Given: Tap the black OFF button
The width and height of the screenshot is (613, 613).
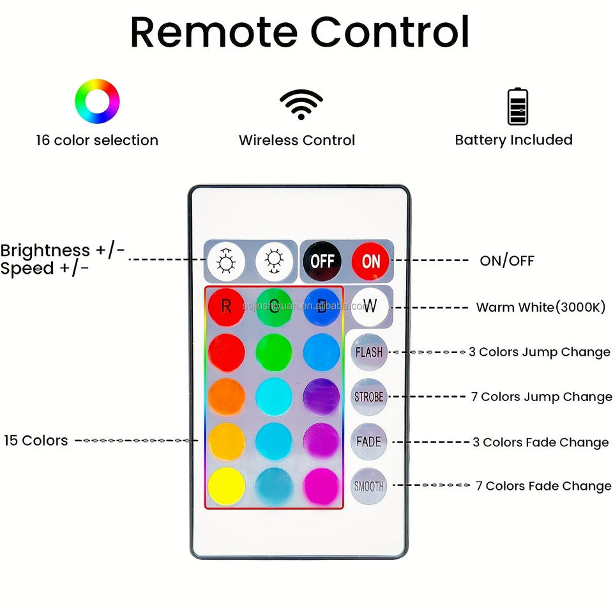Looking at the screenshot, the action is (x=322, y=261).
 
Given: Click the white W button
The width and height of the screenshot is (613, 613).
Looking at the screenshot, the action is (x=370, y=305).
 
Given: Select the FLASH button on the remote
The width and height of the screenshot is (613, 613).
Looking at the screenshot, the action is (x=369, y=352).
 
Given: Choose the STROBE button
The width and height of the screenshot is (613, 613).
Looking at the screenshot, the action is (x=369, y=397).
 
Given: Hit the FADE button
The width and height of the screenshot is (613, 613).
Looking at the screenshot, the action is (x=369, y=441).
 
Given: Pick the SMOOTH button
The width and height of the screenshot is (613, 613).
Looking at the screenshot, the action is (x=369, y=486).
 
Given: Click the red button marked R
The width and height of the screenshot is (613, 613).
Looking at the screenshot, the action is (x=226, y=306).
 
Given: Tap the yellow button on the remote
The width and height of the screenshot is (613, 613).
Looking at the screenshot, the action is (x=226, y=486).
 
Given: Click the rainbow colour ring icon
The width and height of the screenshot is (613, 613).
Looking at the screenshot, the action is (x=97, y=101).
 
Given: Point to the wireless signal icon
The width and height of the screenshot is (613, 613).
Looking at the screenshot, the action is (x=301, y=104).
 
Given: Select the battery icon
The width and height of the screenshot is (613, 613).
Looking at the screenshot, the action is (x=517, y=106).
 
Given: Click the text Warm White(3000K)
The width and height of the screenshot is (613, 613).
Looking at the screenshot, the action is (x=540, y=307).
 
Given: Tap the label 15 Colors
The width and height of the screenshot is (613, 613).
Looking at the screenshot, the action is (x=36, y=440).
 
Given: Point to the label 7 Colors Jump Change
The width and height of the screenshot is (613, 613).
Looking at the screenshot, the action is (x=541, y=397).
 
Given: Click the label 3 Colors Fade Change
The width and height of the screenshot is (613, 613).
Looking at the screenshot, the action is (x=540, y=442).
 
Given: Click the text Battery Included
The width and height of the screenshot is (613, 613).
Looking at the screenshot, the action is (x=513, y=140).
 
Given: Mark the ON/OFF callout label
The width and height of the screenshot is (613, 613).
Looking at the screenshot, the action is (x=507, y=261).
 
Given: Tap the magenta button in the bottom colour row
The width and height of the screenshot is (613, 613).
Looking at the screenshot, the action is (x=321, y=486).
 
